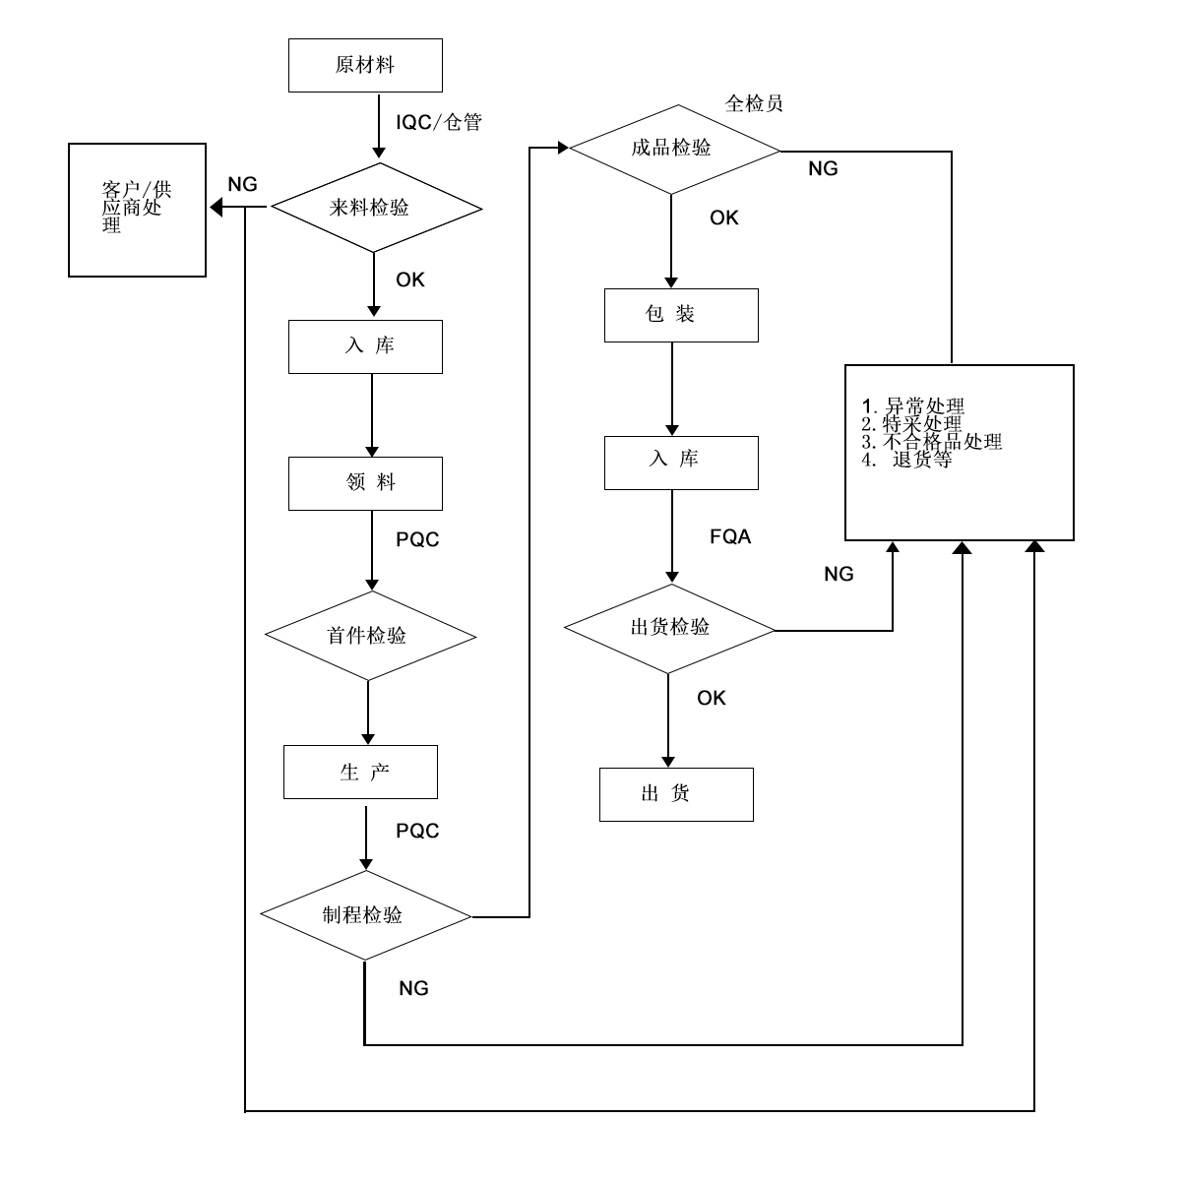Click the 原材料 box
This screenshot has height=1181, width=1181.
pyautogui.click(x=365, y=66)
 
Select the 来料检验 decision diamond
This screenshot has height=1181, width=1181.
pyautogui.click(x=376, y=209)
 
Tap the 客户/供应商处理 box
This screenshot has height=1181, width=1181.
pyautogui.click(x=137, y=210)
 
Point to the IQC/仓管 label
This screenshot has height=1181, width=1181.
pyautogui.click(x=439, y=123)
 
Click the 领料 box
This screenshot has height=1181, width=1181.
pyautogui.click(x=365, y=483)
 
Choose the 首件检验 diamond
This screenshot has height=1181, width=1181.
pyautogui.click(x=371, y=636)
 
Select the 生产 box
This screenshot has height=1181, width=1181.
pyautogui.click(x=360, y=773)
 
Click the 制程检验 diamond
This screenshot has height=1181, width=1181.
pyautogui.click(x=365, y=915)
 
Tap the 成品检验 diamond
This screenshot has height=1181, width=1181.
pyautogui.click(x=674, y=150)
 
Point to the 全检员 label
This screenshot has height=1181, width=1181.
pyautogui.click(x=754, y=103)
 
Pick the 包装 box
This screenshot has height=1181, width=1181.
pyautogui.click(x=681, y=315)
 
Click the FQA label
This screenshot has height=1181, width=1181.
pyautogui.click(x=730, y=537)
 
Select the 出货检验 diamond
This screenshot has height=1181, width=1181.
pyautogui.click(x=669, y=628)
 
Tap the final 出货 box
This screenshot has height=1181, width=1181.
pyautogui.click(x=676, y=794)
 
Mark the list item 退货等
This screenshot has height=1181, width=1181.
pyautogui.click(x=920, y=460)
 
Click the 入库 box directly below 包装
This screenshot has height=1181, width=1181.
pyautogui.click(x=681, y=463)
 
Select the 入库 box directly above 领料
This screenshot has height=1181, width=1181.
pyautogui.click(x=365, y=346)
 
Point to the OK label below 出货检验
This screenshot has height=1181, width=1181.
pyautogui.click(x=712, y=699)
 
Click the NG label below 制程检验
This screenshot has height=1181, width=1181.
pyautogui.click(x=414, y=989)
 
